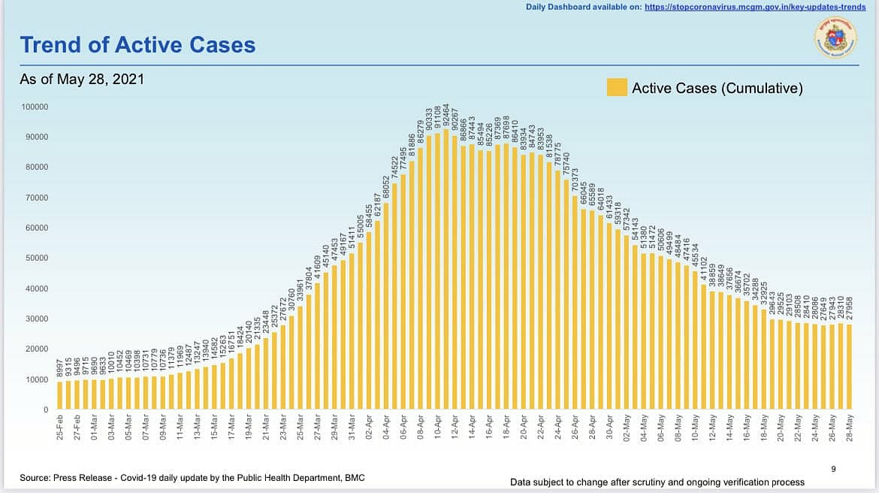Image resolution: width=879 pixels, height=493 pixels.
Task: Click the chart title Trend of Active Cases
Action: point(137,44)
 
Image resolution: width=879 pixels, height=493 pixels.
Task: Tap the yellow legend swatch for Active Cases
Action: point(617,88)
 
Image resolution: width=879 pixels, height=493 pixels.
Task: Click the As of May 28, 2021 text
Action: point(82,79)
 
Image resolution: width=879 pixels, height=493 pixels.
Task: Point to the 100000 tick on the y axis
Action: point(35,107)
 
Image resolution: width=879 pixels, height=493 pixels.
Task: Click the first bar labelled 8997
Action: point(60,395)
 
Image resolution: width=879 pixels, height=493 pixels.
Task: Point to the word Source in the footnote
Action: point(35,478)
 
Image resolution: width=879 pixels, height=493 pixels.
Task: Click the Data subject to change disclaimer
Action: point(657,482)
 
